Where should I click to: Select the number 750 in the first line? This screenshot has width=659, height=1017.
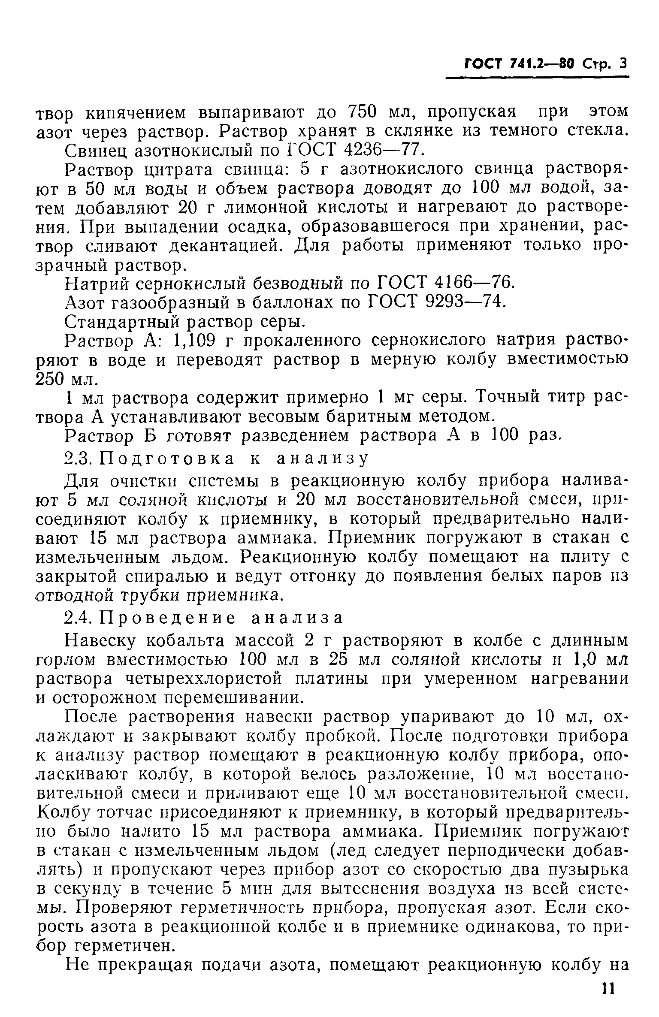point(361,112)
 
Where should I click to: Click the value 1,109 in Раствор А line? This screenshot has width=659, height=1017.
point(195,341)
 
